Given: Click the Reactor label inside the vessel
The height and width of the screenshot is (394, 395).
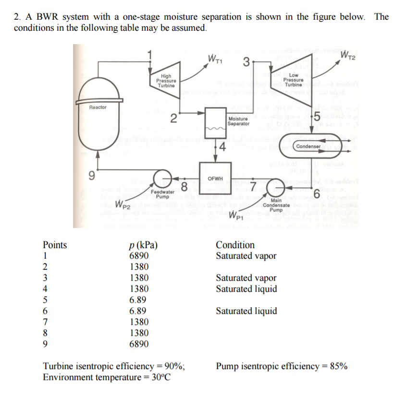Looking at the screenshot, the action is [98, 107].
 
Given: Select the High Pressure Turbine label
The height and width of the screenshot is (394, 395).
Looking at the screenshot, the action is [166, 81].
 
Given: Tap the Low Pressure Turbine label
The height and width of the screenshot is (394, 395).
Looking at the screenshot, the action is [293, 80].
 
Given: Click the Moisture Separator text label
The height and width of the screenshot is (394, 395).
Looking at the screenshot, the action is [238, 121].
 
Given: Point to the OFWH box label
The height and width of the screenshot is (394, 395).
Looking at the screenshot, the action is [215, 179].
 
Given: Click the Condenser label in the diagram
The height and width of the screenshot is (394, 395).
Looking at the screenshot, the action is [309, 146].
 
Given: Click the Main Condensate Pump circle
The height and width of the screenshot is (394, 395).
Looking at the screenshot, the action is [276, 188].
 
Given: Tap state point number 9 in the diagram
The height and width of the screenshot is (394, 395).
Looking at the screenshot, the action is [92, 176].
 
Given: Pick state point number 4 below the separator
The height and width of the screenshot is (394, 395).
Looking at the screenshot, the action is [222, 147].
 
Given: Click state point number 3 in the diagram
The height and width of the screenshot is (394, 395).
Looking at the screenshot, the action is [247, 61].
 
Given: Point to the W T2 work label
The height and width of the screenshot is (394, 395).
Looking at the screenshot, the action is [347, 56].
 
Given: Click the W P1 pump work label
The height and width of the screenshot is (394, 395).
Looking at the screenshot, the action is [236, 215].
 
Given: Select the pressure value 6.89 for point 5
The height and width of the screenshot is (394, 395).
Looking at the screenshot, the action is [137, 299].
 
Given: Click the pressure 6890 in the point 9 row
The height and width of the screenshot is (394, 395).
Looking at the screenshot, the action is [139, 344].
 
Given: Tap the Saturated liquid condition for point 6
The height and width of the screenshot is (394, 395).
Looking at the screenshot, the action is [247, 311].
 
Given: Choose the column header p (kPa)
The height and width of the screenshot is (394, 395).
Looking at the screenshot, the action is [143, 245].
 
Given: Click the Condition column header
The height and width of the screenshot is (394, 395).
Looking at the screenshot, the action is [235, 245].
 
